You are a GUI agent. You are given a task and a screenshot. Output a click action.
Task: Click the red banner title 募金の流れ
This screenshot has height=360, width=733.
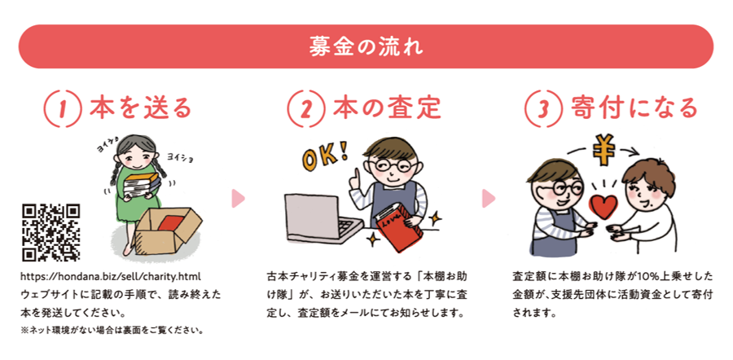pyautogui.click(x=366, y=46)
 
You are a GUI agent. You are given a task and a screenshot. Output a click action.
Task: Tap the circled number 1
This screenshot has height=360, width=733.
pyautogui.click(x=63, y=108)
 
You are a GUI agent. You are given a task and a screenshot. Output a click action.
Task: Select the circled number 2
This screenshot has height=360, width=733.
pyautogui.click(x=305, y=108)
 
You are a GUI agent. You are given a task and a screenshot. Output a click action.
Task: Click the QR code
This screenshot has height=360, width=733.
pyautogui.click(x=51, y=232)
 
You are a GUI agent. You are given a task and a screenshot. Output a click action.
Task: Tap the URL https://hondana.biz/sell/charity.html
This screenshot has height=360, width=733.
pyautogui.click(x=111, y=276)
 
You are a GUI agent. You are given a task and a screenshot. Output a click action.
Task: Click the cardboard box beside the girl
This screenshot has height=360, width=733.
pyautogui.click(x=167, y=230)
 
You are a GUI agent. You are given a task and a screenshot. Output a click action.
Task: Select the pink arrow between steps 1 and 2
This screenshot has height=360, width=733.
pyautogui.click(x=238, y=198)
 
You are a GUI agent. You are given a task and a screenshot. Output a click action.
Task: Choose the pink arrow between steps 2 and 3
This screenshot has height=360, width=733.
pyautogui.click(x=489, y=198)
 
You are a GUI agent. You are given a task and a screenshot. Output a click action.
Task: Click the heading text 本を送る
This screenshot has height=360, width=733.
pyautogui.click(x=141, y=108)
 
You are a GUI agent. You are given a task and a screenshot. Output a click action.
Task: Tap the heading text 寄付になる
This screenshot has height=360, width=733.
pyautogui.click(x=634, y=108)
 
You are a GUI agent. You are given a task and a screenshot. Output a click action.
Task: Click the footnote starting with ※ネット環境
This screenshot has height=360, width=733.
pyautogui.click(x=112, y=331)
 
